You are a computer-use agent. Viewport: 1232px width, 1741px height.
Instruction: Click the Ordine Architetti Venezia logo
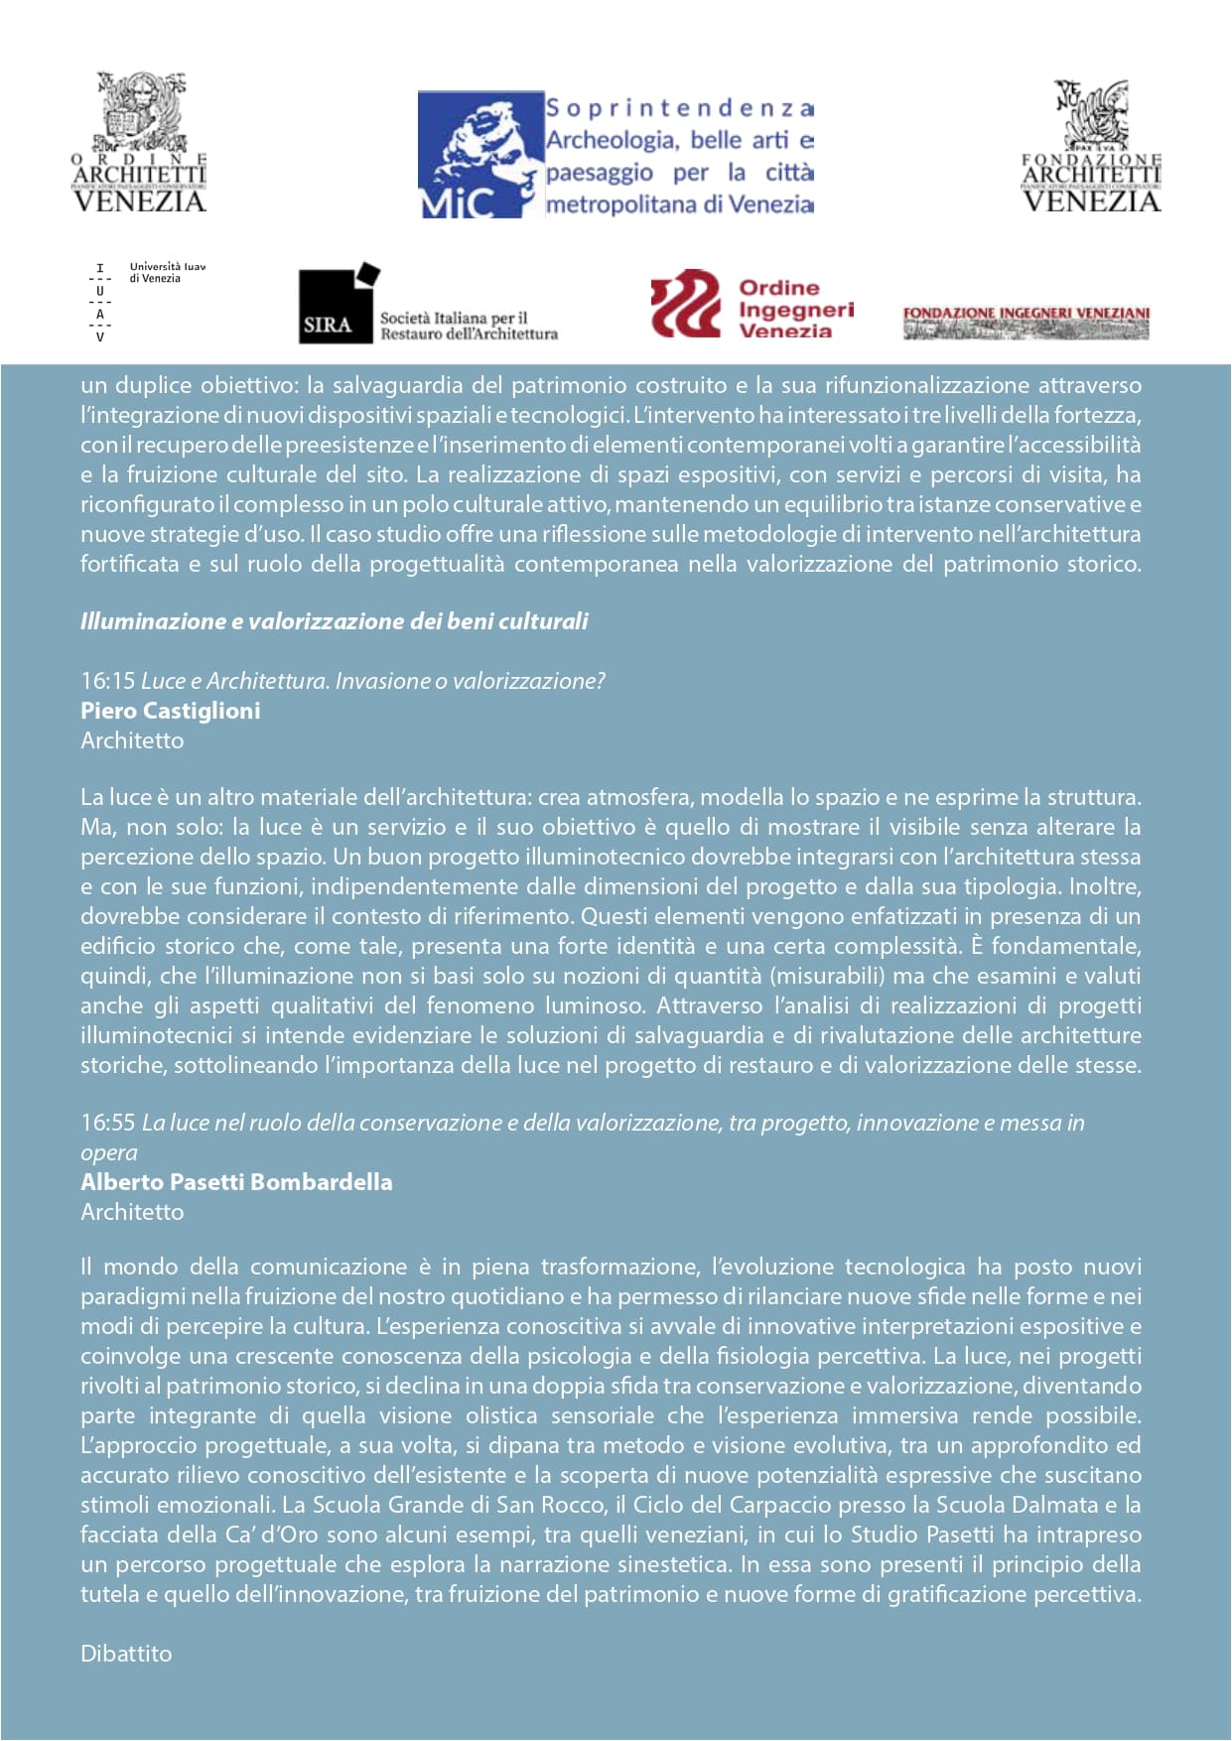[139, 143]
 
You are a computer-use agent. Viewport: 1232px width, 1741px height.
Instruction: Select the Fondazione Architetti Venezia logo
[1091, 146]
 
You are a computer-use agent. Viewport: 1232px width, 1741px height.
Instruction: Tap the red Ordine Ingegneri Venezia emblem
[686, 304]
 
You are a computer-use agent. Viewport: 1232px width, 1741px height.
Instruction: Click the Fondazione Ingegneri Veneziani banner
[1026, 322]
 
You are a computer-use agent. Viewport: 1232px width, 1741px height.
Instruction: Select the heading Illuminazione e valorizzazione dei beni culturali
[334, 621]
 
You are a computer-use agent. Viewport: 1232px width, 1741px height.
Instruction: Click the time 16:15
[107, 681]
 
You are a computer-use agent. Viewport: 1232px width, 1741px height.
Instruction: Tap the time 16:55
[107, 1123]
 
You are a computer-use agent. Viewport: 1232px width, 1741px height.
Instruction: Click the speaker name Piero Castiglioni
[170, 711]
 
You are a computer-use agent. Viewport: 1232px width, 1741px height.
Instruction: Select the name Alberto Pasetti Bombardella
[236, 1182]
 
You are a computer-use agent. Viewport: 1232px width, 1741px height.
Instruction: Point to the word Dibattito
[126, 1654]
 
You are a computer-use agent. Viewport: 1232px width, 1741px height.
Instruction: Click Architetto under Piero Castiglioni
[132, 740]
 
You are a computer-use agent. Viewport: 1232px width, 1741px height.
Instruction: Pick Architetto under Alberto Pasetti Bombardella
[132, 1212]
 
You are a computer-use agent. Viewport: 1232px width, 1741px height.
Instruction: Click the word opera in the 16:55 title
[108, 1152]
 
